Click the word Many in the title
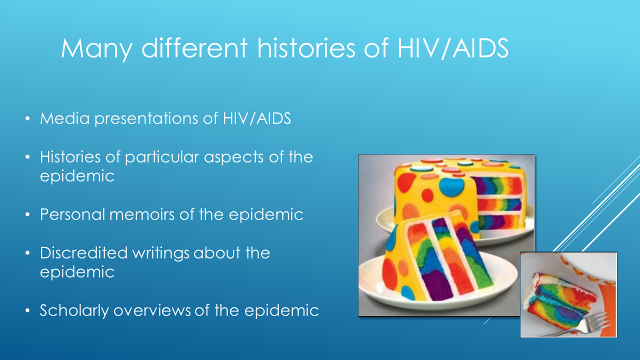point(96,49)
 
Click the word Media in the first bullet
point(65,118)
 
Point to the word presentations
point(146,119)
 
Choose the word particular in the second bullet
point(161,157)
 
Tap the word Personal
point(72,214)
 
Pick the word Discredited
point(83,252)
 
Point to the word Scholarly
point(74,310)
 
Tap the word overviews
point(151,310)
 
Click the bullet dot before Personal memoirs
point(27,214)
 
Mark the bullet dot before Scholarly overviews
point(27,310)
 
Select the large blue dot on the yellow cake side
point(451,186)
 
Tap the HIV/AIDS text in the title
point(452,48)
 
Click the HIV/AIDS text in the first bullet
point(256,118)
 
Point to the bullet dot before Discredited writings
point(27,253)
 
